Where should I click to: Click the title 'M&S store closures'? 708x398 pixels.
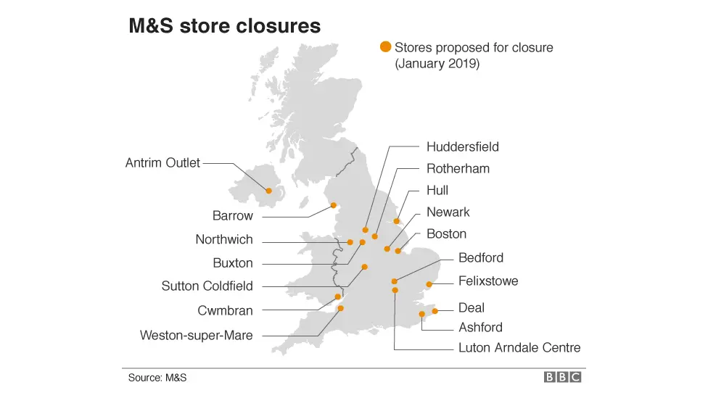(224, 26)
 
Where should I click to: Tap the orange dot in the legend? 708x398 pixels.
(386, 48)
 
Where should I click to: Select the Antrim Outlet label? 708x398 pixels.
(162, 163)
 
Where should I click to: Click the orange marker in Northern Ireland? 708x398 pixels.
(269, 191)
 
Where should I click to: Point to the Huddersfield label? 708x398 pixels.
(462, 146)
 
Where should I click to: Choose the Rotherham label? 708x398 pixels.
(458, 168)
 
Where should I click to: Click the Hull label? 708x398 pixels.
(437, 190)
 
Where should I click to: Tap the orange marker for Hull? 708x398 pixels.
(397, 221)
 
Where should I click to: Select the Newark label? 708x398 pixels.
(448, 212)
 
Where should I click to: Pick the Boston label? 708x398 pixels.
(446, 233)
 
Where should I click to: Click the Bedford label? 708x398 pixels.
(480, 257)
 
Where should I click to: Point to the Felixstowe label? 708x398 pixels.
(488, 281)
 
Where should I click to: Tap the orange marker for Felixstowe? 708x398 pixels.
(429, 284)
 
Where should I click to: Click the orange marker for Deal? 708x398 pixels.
(435, 311)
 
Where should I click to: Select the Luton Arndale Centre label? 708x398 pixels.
(519, 348)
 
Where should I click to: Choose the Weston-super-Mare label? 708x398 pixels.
(196, 335)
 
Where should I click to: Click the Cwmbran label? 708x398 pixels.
(225, 310)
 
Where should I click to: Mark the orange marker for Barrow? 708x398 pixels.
(334, 205)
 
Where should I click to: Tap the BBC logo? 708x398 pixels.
(564, 377)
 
